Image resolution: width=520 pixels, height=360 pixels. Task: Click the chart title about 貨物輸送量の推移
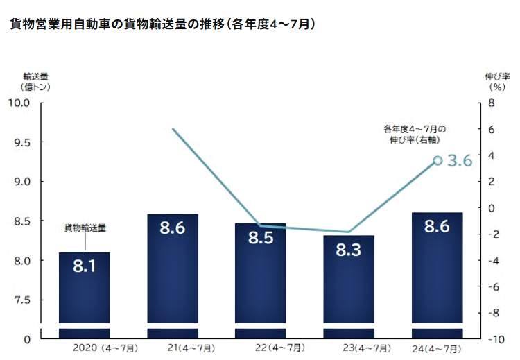click(164, 24)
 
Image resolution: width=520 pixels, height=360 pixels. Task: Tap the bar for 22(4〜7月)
click(260, 284)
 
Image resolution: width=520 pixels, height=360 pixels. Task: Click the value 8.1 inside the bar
click(84, 266)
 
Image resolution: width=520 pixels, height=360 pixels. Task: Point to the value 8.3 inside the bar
click(349, 250)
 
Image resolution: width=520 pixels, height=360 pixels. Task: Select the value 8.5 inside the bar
click(260, 238)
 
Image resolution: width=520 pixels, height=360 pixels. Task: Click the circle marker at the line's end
click(437, 160)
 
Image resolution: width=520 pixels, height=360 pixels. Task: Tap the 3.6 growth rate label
click(459, 161)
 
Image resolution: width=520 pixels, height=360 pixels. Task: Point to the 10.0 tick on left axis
click(19, 103)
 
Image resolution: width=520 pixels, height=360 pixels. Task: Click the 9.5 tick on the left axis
click(21, 142)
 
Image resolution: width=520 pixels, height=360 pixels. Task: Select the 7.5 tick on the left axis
click(21, 300)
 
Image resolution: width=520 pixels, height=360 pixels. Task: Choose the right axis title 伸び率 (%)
click(496, 81)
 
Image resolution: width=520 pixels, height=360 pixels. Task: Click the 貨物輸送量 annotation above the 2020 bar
click(85, 227)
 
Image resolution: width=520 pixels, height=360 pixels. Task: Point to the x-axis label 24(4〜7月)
click(436, 348)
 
